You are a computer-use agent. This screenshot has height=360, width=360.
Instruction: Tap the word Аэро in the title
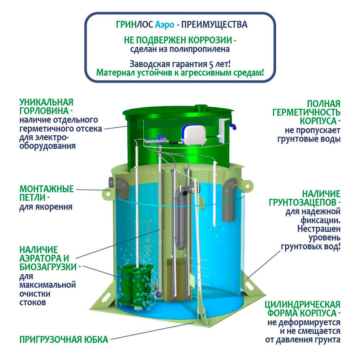tap(165, 25)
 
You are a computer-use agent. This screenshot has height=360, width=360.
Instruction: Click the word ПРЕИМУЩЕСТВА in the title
tap(215, 24)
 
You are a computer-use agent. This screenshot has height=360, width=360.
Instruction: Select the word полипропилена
tap(200, 49)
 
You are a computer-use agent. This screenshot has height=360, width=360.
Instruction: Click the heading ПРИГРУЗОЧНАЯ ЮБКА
tap(64, 339)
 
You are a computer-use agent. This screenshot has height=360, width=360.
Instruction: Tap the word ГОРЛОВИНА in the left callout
tap(44, 111)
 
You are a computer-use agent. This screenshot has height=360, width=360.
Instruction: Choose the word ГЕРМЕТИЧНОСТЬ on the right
tap(306, 112)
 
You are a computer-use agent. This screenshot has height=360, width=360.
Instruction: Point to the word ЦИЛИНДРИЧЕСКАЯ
tap(302, 305)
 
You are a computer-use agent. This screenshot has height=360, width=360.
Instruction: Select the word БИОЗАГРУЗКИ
tap(48, 267)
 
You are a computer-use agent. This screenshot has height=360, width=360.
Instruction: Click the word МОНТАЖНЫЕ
tap(46, 189)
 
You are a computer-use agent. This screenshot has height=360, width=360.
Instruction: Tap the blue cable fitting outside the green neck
tap(234, 126)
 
